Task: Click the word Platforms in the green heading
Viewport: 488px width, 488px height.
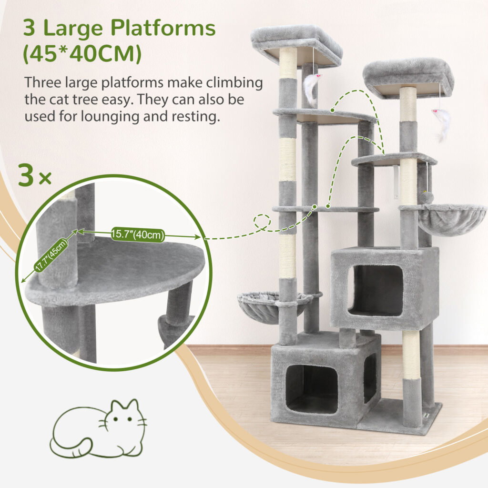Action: click(x=163, y=28)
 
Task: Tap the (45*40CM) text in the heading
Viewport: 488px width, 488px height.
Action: click(x=82, y=54)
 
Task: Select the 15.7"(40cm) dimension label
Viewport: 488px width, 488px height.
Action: click(x=138, y=234)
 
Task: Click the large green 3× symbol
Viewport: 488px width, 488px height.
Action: click(x=35, y=175)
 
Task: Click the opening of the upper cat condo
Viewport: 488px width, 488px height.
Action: click(x=376, y=290)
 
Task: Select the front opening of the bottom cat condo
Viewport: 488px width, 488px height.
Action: click(x=312, y=389)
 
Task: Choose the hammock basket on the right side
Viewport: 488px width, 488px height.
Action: click(x=452, y=219)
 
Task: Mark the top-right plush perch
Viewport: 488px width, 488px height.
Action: click(x=408, y=78)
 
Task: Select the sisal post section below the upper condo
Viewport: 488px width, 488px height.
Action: click(x=411, y=355)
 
